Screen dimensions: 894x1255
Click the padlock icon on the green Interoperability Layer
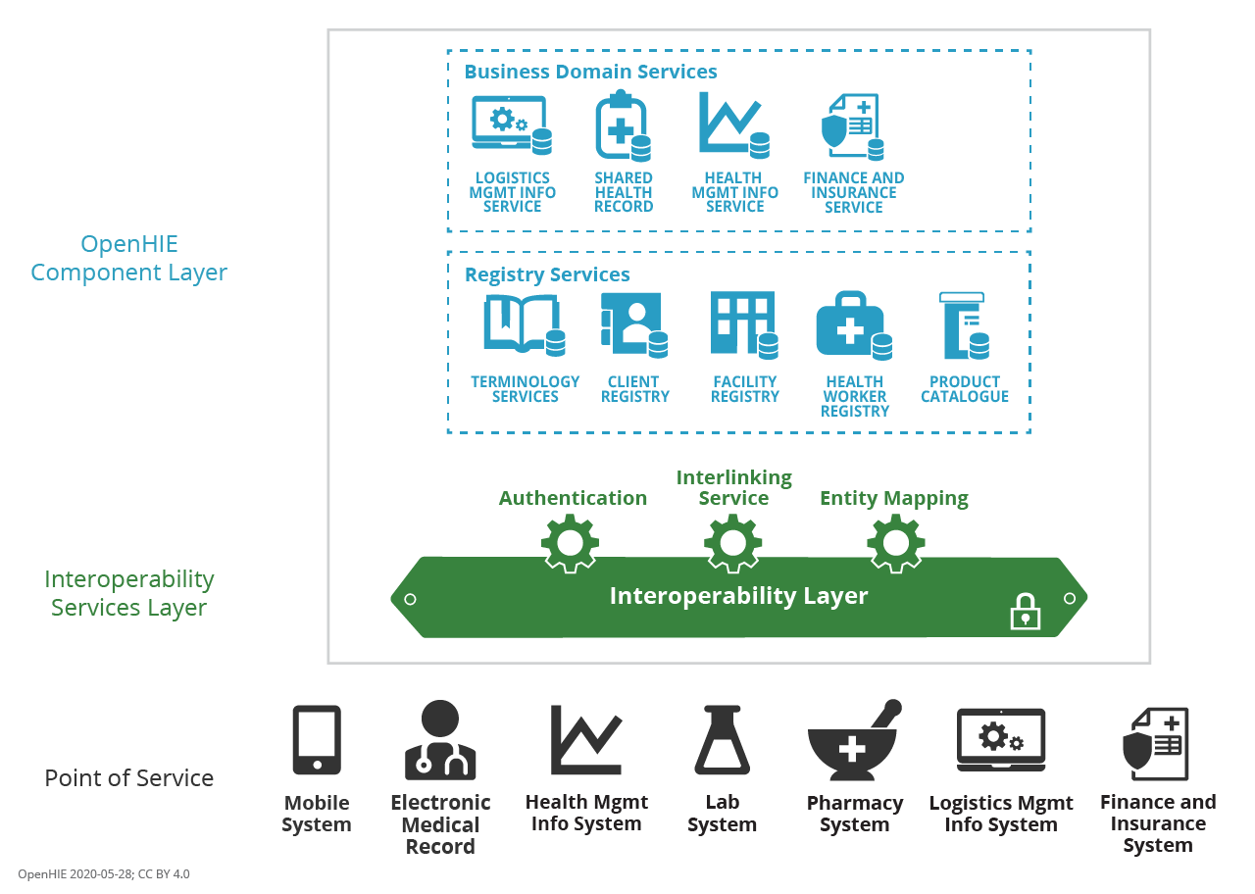[x=1025, y=613]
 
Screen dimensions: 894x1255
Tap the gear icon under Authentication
[x=570, y=543]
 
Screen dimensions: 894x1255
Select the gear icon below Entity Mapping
[x=895, y=543]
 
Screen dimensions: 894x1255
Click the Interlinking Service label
[x=733, y=488]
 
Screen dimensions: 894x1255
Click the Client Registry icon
[x=633, y=324]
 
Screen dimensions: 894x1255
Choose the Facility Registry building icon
[x=744, y=324]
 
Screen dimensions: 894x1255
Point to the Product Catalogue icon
[x=964, y=325]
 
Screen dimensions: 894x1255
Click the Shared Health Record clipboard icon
[x=623, y=125]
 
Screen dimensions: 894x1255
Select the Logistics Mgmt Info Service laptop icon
[x=511, y=124]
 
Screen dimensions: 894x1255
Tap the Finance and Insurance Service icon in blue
[x=852, y=126]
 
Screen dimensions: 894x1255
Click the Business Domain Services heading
[x=590, y=72]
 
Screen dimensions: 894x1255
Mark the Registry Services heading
[x=547, y=275]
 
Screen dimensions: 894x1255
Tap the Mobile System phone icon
[x=317, y=740]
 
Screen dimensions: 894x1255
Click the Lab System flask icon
[x=722, y=740]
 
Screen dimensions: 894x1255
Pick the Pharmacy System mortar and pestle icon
[x=853, y=741]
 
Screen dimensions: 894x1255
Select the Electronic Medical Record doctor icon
[x=440, y=741]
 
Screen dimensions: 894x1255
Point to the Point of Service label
[x=128, y=778]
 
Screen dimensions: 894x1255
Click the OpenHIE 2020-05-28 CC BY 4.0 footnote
[x=104, y=873]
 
